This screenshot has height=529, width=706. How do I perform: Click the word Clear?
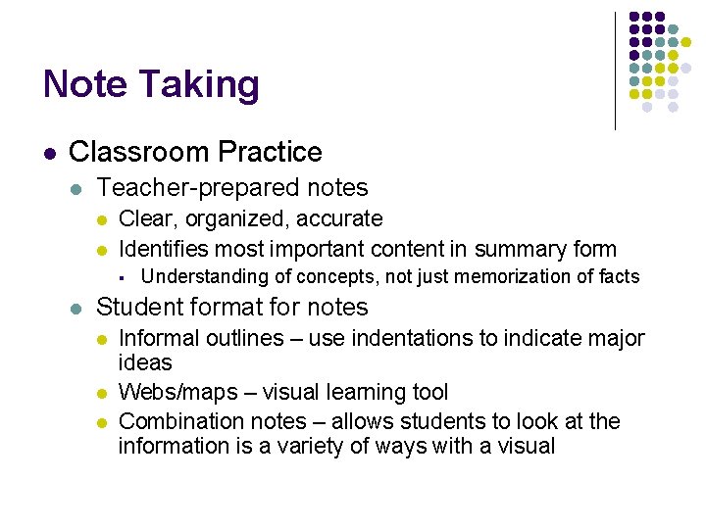pos(144,219)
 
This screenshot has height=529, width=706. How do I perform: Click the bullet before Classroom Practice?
pos(48,154)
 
